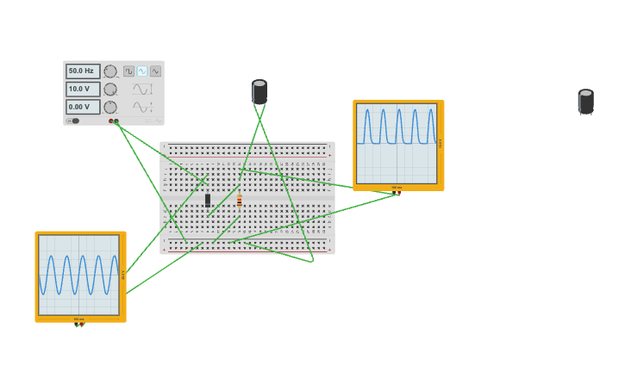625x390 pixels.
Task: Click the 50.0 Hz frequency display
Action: click(83, 71)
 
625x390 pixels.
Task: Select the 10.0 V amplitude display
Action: click(83, 90)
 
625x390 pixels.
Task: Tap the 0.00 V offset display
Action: click(83, 108)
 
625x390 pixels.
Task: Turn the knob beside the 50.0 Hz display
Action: click(110, 71)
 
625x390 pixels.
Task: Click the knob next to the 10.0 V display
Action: click(110, 90)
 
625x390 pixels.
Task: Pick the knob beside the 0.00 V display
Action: click(110, 108)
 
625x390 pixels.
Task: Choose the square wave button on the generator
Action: click(128, 71)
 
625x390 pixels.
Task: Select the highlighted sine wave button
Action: click(142, 71)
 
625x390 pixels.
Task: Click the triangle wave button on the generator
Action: click(155, 71)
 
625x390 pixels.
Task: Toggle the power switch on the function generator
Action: click(74, 121)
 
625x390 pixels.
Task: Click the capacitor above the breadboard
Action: click(259, 92)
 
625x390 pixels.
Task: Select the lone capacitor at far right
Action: click(586, 102)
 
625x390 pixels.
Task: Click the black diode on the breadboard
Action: click(208, 200)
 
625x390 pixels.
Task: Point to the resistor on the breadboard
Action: click(240, 201)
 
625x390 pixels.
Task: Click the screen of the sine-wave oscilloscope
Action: click(78, 275)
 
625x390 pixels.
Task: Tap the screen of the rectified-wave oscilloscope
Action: click(397, 143)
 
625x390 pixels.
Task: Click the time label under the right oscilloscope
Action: click(397, 188)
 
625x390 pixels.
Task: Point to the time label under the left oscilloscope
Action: click(78, 319)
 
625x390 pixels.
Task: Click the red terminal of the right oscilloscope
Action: click(398, 194)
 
